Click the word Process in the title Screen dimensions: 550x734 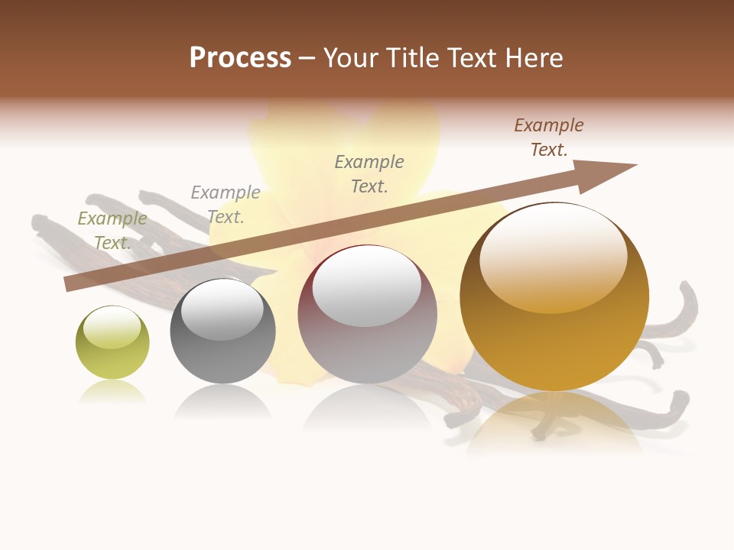click(240, 58)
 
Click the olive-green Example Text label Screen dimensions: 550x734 click(112, 230)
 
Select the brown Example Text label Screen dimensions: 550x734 click(549, 137)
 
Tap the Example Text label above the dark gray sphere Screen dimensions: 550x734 click(226, 204)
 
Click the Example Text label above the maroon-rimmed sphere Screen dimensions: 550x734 click(369, 173)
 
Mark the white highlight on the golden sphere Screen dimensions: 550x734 click(553, 258)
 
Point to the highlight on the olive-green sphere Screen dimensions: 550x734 click(112, 327)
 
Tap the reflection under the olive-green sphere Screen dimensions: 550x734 click(112, 392)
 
